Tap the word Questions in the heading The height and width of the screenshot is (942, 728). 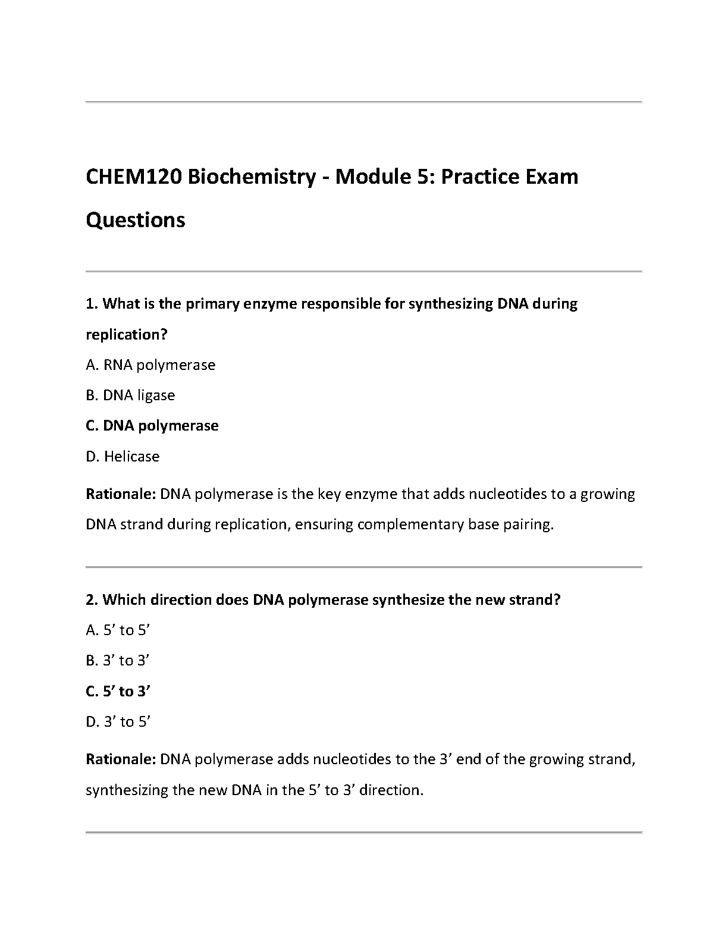click(x=136, y=220)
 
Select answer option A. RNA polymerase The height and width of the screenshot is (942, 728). click(x=150, y=365)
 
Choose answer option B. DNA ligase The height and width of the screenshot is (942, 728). click(x=130, y=395)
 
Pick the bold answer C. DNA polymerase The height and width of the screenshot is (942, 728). click(x=152, y=426)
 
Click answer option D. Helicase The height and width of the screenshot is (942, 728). click(x=123, y=457)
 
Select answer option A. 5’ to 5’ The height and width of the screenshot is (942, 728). click(x=118, y=630)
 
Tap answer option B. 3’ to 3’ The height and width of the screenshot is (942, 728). click(x=118, y=661)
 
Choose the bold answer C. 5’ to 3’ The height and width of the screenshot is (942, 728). click(x=118, y=692)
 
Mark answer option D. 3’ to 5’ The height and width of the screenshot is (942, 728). click(x=118, y=722)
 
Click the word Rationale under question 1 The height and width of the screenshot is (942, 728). click(x=121, y=494)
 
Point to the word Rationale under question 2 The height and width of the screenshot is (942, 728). click(x=121, y=759)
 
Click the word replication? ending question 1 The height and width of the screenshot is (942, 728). click(x=127, y=335)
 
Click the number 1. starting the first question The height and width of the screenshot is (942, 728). click(x=92, y=304)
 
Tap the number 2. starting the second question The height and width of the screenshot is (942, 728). click(x=92, y=599)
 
